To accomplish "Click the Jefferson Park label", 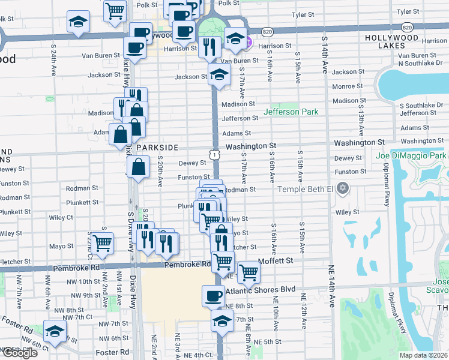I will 291,112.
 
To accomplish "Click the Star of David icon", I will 343,190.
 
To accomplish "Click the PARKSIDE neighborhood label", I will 157,147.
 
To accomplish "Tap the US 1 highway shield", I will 214,155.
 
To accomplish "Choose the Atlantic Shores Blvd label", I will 261,290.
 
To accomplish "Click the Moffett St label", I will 275,261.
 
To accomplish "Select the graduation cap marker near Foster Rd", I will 55,331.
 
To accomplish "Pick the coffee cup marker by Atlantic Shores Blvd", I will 214,296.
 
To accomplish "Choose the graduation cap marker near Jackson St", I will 220,75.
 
